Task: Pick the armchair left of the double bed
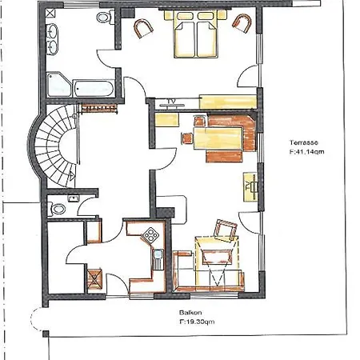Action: tap(144, 28)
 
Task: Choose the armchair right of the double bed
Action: tap(241, 25)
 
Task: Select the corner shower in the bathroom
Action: tap(58, 83)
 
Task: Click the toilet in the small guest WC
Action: tap(56, 208)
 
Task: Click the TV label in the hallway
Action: tap(170, 100)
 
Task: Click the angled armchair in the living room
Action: tap(226, 231)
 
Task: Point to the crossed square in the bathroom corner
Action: tap(52, 14)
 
